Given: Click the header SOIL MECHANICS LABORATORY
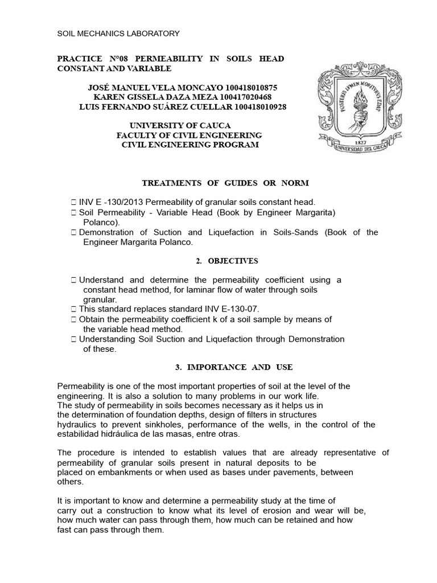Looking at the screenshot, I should (118, 34).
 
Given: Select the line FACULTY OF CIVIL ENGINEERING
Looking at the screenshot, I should (189, 135).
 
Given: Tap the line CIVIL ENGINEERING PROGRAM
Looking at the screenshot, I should (191, 145).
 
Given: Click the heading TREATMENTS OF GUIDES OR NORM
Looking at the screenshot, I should (225, 183).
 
